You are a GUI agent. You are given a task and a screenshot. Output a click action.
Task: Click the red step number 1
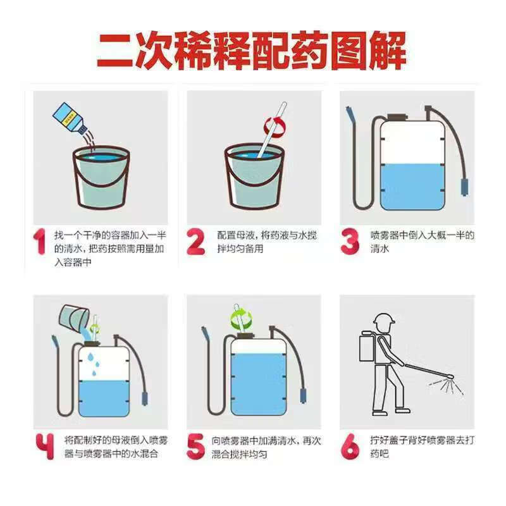click(40, 242)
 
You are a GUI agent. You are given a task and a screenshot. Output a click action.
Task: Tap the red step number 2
click(195, 242)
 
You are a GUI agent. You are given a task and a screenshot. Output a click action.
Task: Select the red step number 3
click(350, 242)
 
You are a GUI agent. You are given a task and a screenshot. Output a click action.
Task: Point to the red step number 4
click(45, 447)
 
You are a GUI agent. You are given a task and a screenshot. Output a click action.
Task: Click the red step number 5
click(195, 447)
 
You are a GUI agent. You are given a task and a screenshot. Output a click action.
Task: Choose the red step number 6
click(350, 447)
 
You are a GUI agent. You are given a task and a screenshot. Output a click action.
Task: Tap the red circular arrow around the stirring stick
click(275, 126)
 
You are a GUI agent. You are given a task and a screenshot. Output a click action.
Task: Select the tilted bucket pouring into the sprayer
click(73, 319)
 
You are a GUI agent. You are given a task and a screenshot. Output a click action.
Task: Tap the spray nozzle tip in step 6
click(450, 376)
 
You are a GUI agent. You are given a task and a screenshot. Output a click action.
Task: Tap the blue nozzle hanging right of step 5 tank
click(304, 395)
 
